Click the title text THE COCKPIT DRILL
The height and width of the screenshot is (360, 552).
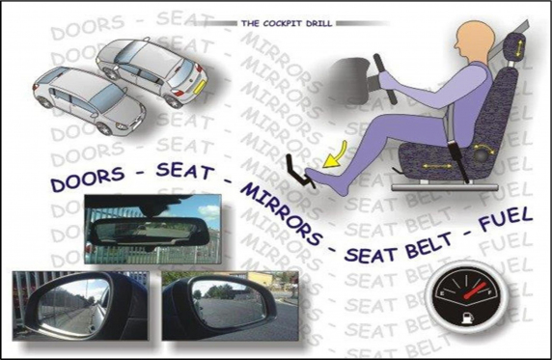pyautogui.click(x=287, y=23)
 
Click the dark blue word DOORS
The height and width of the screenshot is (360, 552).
pyautogui.click(x=88, y=179)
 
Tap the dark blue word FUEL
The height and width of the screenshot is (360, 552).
pyautogui.click(x=506, y=219)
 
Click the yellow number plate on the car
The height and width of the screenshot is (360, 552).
pyautogui.click(x=199, y=86)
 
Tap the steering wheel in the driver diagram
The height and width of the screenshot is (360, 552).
pyautogui.click(x=385, y=78)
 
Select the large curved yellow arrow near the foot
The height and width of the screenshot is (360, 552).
pyautogui.click(x=336, y=155)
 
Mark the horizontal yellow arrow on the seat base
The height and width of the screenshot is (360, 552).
pyautogui.click(x=437, y=166)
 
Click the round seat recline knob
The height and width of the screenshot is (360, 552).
pyautogui.click(x=482, y=155)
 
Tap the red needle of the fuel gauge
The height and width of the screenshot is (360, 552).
pyautogui.click(x=475, y=291)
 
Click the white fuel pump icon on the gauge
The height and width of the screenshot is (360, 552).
pyautogui.click(x=465, y=318)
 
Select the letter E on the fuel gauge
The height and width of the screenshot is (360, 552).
pyautogui.click(x=439, y=293)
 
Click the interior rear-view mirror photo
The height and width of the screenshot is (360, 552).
pyautogui.click(x=153, y=230)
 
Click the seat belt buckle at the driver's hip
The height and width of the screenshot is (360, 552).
pyautogui.click(x=456, y=150)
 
